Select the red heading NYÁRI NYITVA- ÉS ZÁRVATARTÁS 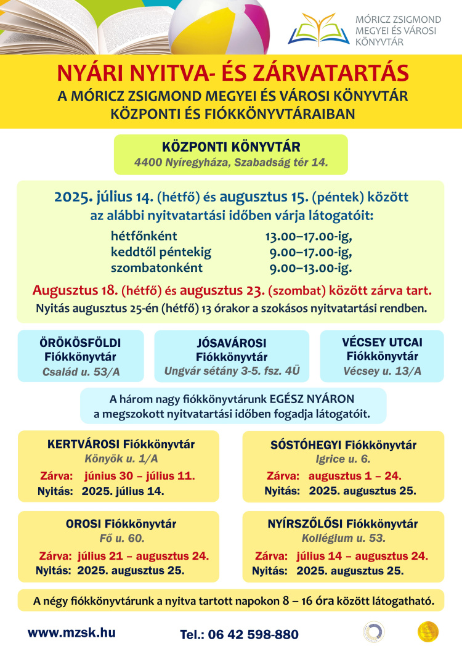coord(233,73)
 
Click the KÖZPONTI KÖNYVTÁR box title coord(231,147)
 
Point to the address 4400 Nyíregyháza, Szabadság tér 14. coord(231,163)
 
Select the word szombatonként coord(156,268)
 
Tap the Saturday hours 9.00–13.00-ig coord(310,268)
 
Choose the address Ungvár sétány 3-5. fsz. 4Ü coord(232,371)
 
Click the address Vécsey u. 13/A coord(383,370)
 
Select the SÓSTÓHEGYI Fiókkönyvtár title coord(343,445)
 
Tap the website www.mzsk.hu coord(71,632)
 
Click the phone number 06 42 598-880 coord(257,635)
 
